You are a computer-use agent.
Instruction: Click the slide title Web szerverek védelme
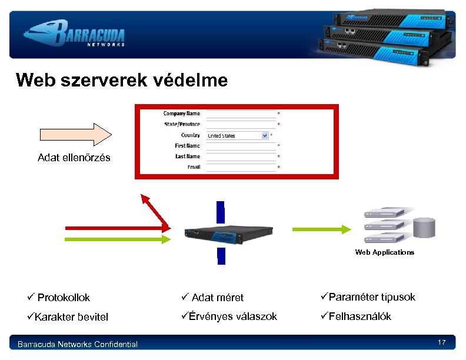(122, 80)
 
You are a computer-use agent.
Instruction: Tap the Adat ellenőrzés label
(74, 158)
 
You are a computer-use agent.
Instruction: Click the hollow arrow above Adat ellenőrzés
(74, 134)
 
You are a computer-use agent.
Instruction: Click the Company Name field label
(182, 114)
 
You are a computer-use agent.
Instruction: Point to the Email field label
(194, 167)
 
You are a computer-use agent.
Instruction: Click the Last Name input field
(241, 156)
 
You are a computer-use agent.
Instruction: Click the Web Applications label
(384, 252)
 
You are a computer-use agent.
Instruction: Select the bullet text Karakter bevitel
(71, 317)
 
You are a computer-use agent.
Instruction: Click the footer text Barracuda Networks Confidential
(78, 344)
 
